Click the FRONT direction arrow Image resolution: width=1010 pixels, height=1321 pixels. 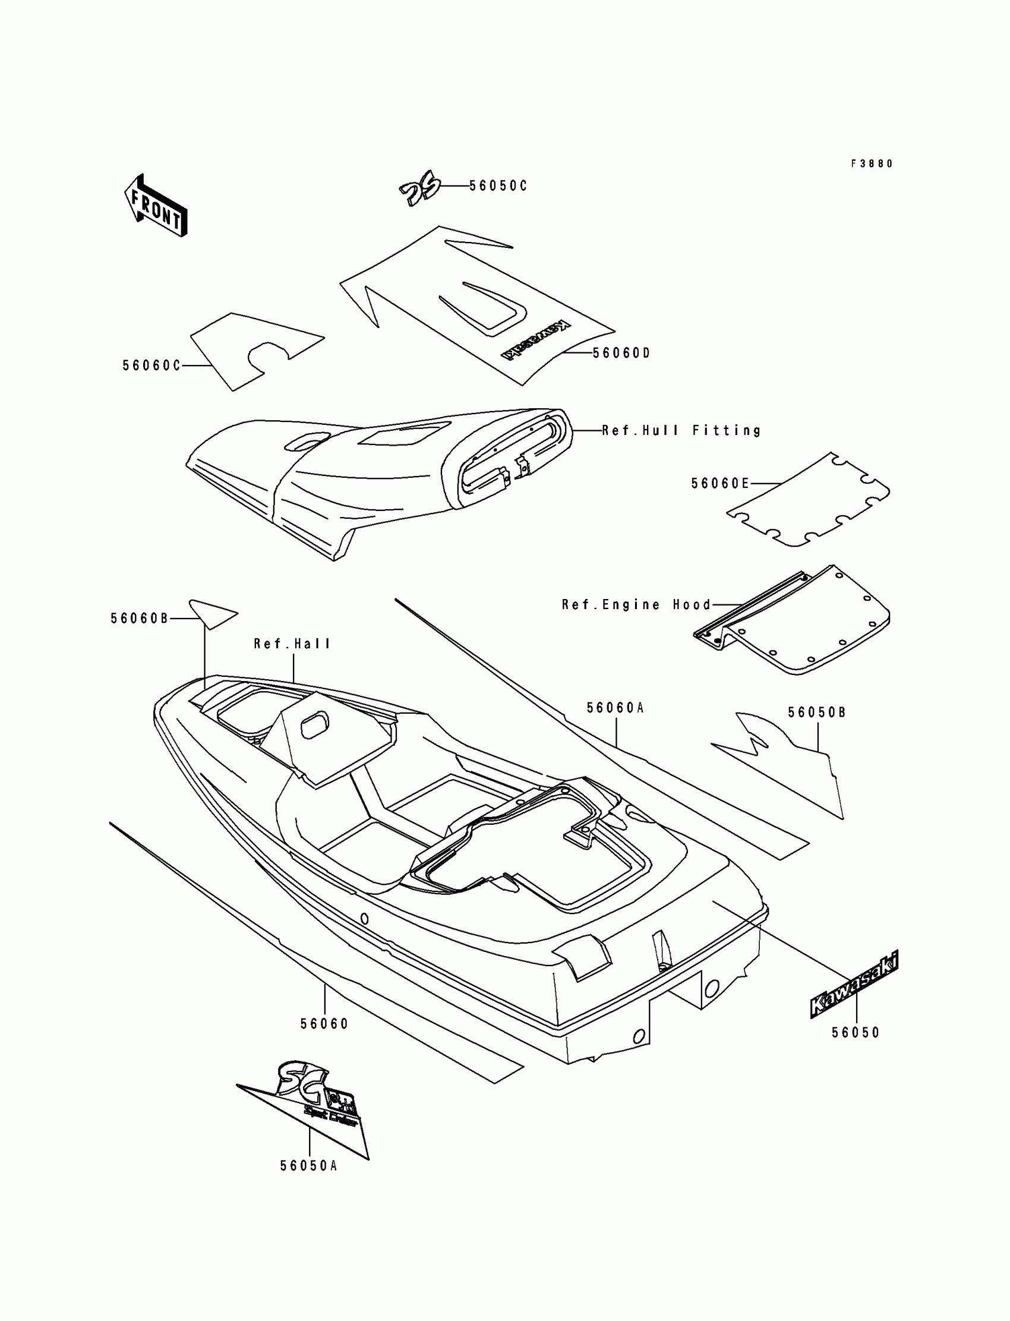pos(156,206)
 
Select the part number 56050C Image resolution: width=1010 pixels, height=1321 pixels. pos(498,186)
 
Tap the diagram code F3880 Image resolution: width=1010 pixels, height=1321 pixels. pos(872,163)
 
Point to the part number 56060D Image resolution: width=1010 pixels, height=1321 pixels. pos(621,353)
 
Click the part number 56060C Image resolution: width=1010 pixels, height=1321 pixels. pos(151,365)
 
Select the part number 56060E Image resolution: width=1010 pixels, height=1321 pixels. pos(720,484)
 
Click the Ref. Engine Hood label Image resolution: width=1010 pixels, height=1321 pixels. pos(636,604)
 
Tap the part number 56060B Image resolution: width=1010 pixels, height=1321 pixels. pos(140,618)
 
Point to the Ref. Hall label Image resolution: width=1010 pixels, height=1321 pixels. pos(292,644)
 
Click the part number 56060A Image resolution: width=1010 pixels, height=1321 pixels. pos(615,708)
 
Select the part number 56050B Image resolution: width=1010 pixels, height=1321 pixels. pos(817,712)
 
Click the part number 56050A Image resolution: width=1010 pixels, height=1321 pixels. pos(309,1166)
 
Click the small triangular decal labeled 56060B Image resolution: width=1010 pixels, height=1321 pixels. pos(212,613)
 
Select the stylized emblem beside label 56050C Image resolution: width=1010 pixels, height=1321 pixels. pos(420,191)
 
